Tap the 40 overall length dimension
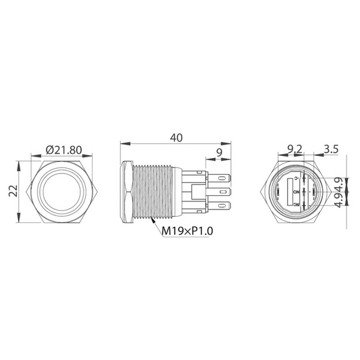pyautogui.click(x=176, y=138)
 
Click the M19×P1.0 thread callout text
pyautogui.click(x=187, y=231)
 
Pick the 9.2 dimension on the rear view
pyautogui.click(x=294, y=149)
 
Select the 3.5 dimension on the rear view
pyautogui.click(x=330, y=149)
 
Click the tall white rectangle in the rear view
pyautogui.click(x=295, y=190)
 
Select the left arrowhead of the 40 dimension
pyautogui.click(x=122, y=143)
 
